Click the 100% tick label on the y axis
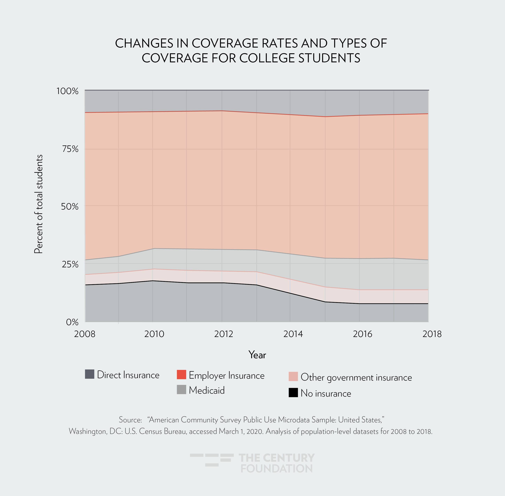coord(67,91)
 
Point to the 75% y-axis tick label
coord(70,149)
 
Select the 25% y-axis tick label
coord(70,264)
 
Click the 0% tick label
coord(72,322)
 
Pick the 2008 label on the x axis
coord(85,334)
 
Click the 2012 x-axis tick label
coord(223,334)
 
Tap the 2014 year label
coord(293,334)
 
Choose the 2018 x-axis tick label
coord(432,334)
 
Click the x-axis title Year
coord(257,355)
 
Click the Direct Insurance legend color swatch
coord(89,374)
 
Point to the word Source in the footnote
coord(130,420)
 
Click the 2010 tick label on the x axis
coord(154,334)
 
